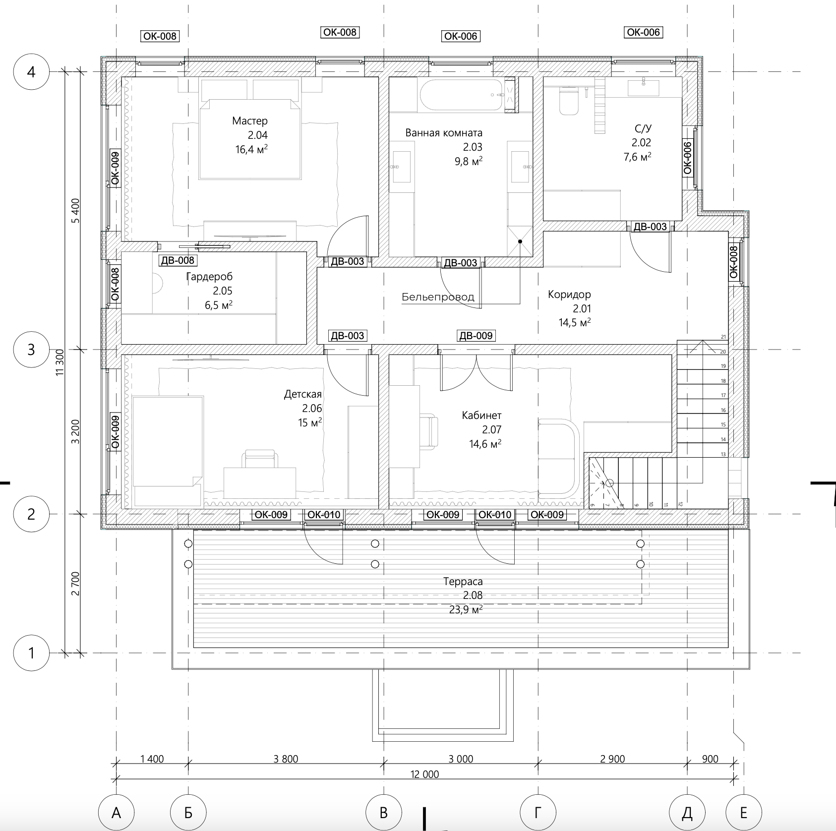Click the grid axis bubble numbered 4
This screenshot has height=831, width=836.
[31, 72]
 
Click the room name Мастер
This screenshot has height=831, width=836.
[250, 121]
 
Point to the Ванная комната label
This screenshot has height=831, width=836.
[444, 133]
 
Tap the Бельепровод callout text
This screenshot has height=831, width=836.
[438, 297]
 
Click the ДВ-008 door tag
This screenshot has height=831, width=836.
[178, 260]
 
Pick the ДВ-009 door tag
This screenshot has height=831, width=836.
[476, 336]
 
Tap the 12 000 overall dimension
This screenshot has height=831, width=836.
[425, 774]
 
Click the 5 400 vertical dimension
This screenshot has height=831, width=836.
[75, 211]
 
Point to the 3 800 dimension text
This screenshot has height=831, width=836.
[286, 759]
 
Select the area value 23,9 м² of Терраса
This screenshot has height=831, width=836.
[466, 609]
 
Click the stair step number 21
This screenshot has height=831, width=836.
[723, 337]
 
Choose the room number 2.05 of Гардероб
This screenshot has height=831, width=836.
[223, 291]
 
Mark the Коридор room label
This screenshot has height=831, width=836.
[569, 295]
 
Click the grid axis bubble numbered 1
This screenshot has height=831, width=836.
[31, 653]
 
